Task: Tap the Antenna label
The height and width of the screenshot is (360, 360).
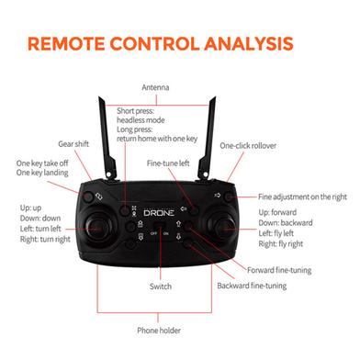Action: pos(154,88)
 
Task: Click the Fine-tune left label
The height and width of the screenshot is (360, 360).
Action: pos(169,163)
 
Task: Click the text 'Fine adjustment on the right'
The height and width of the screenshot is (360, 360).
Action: pos(302,196)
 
